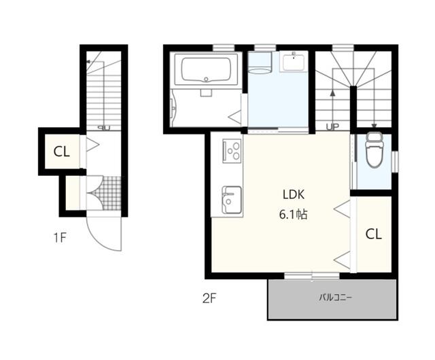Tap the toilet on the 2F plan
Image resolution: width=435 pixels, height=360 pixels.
pos(375,149)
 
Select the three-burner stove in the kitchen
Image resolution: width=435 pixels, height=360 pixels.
pos(232,149)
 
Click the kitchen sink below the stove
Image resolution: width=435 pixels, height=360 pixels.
pos(232,200)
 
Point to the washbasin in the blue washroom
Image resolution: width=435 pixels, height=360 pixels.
pos(293,61)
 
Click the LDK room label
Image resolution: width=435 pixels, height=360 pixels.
pos(294,195)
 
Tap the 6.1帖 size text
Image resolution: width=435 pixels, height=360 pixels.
pos(293,215)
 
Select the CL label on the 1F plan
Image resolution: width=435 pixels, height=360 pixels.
pos(62,151)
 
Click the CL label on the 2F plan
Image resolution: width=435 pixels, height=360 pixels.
pos(373,234)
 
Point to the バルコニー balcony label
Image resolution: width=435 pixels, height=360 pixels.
pos(335,298)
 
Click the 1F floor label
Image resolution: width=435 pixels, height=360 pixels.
pos(60,238)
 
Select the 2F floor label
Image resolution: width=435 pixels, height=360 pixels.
pos(209,298)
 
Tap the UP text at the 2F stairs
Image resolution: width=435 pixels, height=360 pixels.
pos(332,127)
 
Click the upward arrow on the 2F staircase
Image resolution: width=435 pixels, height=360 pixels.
pos(332,107)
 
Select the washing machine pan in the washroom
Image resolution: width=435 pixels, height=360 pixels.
pos(259,62)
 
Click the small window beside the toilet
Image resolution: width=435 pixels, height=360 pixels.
pos(394,162)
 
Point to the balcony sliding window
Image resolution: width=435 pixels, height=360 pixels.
pos(312,276)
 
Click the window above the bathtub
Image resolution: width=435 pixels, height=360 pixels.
pos(224,48)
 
